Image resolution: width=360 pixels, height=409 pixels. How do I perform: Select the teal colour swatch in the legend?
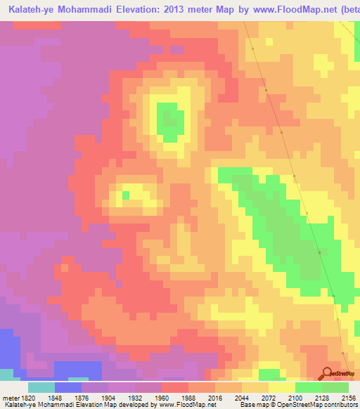41,387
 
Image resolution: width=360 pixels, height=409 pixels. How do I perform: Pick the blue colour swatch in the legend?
68,387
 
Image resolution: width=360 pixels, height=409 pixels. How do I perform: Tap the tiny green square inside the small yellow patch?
126,194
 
